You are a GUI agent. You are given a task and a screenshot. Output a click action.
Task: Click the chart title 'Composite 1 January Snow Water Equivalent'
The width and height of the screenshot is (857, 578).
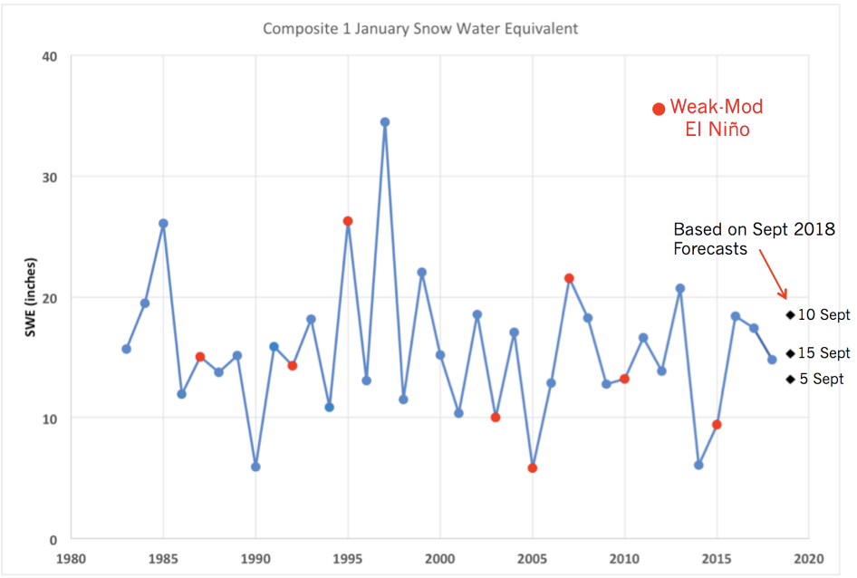coord(420,28)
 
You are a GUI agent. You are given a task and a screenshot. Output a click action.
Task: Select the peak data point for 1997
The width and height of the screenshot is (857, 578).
coord(385,121)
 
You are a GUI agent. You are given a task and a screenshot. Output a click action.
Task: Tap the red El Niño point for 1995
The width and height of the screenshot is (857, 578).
coord(348,221)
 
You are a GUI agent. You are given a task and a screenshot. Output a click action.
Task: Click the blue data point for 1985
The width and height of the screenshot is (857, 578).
coord(163,223)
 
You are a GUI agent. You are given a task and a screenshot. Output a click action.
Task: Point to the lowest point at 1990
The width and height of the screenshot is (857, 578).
coord(255,467)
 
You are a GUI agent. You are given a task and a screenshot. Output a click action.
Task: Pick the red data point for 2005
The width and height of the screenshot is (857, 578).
coord(533,467)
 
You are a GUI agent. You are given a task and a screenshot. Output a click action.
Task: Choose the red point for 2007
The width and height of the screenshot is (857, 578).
coord(569,278)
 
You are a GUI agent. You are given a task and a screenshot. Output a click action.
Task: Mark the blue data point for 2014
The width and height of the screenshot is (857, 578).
coord(698,465)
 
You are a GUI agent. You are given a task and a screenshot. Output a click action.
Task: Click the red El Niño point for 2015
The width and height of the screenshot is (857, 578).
coord(717,425)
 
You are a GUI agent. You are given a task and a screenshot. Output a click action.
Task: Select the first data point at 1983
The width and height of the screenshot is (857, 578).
coord(126,349)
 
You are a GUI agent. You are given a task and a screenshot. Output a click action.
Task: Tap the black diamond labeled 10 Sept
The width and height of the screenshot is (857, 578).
coord(790,315)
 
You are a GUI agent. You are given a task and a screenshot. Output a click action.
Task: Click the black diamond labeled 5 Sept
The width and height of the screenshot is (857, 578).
coord(790,380)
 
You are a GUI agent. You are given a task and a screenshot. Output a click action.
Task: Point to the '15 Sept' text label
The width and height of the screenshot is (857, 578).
coord(825,353)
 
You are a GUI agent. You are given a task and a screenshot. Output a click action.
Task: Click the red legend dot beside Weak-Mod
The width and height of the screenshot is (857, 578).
coord(660,109)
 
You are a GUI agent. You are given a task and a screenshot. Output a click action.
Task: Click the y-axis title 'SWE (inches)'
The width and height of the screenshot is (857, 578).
coord(31,298)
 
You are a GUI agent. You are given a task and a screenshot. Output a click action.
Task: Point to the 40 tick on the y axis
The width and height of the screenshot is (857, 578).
coord(49,56)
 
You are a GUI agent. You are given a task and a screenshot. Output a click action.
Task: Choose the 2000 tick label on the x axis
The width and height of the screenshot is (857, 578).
coord(440,558)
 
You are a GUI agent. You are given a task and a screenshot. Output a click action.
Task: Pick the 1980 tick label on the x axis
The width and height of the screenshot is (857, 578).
coord(71,558)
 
